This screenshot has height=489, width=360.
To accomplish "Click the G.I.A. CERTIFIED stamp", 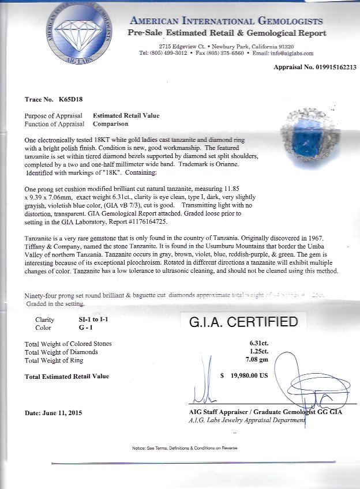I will [x=243, y=321].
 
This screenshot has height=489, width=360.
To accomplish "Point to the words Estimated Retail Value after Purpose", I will [x=126, y=115].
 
